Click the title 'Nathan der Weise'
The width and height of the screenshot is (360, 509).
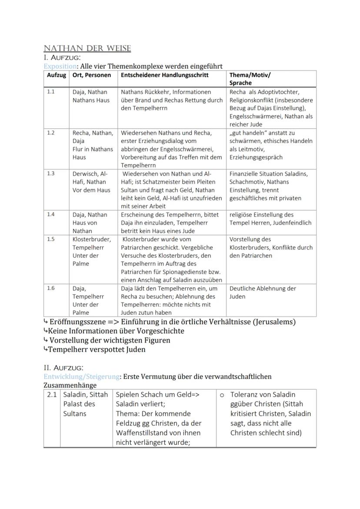click(x=87, y=48)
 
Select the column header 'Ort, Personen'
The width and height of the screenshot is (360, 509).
click(x=90, y=75)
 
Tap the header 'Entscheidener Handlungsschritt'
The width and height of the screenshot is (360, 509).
click(x=164, y=75)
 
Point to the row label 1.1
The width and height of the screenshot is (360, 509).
click(x=51, y=92)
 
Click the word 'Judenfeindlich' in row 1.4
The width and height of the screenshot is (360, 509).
click(x=291, y=223)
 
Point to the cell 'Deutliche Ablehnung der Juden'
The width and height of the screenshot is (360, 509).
click(x=262, y=293)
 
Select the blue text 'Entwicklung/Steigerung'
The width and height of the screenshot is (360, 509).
click(x=82, y=376)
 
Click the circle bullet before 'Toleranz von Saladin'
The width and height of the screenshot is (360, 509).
click(x=222, y=395)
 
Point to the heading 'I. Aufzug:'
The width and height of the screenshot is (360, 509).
click(x=62, y=57)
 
